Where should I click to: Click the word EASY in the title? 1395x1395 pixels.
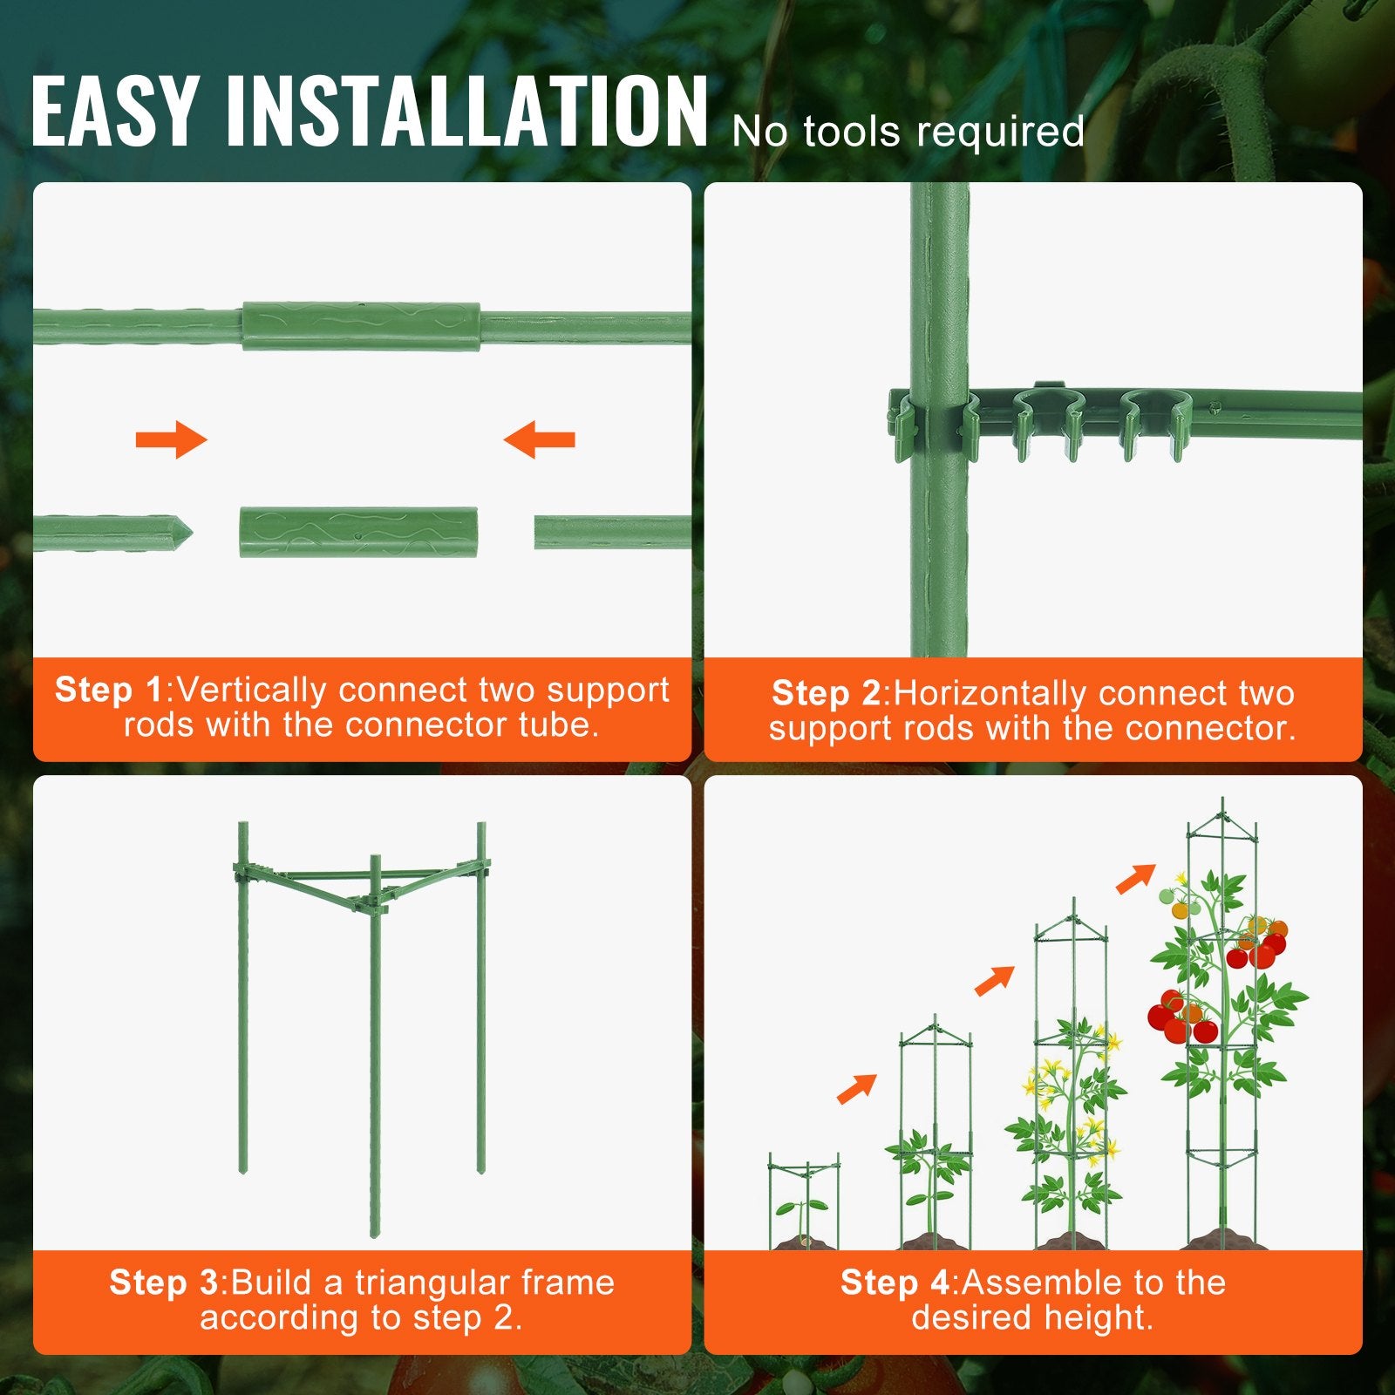[113, 112]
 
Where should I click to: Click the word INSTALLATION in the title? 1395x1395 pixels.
[466, 112]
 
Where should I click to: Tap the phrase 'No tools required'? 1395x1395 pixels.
[908, 133]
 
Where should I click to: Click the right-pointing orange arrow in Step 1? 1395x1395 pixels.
[172, 439]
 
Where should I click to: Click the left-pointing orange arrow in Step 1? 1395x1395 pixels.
[539, 439]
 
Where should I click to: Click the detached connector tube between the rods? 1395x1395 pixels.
[358, 532]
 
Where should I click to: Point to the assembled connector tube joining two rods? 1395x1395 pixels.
[360, 326]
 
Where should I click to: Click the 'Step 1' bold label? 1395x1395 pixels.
[109, 690]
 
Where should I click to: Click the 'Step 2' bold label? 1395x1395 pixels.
[826, 693]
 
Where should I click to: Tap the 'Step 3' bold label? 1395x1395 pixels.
[163, 1283]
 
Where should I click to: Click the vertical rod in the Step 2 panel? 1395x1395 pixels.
[939, 541]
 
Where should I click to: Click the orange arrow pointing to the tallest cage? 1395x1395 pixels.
[1135, 878]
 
